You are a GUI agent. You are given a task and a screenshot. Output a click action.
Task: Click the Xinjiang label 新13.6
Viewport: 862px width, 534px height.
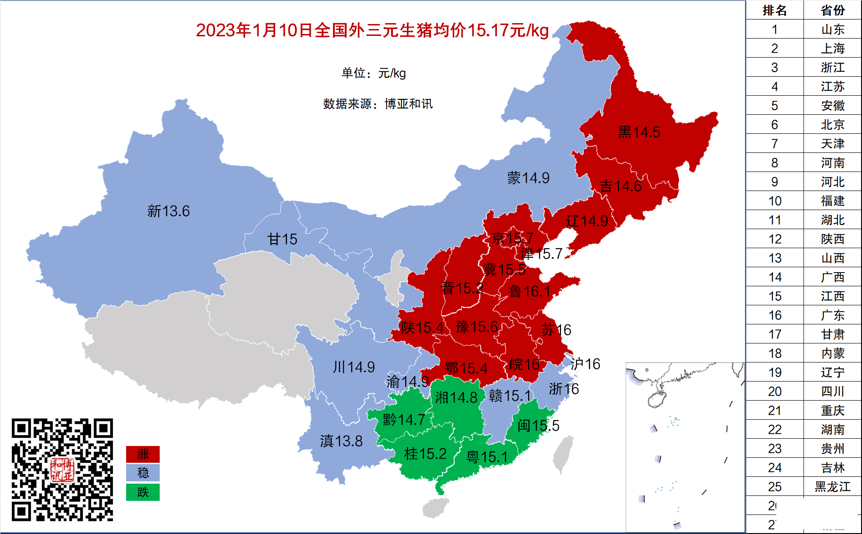click(x=168, y=211)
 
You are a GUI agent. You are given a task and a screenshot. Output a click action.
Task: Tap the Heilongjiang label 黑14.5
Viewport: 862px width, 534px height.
click(x=639, y=132)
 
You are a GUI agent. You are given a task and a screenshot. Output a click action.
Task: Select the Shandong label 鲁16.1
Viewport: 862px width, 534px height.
click(x=529, y=291)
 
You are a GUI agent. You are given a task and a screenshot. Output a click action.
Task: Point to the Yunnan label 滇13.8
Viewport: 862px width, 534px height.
click(x=341, y=441)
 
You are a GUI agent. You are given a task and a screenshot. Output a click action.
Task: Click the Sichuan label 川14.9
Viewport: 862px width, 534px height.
click(x=354, y=367)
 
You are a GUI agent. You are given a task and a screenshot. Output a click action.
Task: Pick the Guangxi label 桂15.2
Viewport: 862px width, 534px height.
click(x=425, y=454)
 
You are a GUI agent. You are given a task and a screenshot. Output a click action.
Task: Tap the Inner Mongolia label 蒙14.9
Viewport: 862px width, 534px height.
click(x=528, y=178)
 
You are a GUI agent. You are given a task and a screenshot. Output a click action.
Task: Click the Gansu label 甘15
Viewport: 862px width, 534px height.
click(x=282, y=239)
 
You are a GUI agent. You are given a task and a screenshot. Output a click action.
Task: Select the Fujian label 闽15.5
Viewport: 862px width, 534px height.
click(x=538, y=426)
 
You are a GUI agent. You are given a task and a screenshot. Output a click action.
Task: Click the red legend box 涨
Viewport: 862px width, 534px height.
click(x=143, y=454)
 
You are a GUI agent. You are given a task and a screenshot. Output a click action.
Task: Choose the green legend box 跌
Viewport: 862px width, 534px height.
click(x=143, y=492)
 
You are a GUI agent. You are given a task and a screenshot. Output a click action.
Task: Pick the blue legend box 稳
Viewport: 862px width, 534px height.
click(x=143, y=473)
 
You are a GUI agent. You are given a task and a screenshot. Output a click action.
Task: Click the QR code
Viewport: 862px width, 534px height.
click(x=62, y=470)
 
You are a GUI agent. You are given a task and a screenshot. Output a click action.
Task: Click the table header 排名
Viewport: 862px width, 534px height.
click(x=774, y=10)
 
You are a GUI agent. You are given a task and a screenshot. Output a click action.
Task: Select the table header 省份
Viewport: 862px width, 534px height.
click(x=833, y=10)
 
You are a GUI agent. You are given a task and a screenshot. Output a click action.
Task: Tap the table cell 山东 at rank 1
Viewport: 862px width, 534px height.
click(x=833, y=29)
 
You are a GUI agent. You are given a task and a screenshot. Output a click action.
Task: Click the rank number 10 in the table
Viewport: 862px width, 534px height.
click(x=775, y=201)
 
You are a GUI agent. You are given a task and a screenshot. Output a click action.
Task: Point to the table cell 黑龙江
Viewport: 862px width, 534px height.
click(x=833, y=487)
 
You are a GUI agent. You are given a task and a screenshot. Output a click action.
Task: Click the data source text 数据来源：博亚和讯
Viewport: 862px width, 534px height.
click(x=377, y=104)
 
